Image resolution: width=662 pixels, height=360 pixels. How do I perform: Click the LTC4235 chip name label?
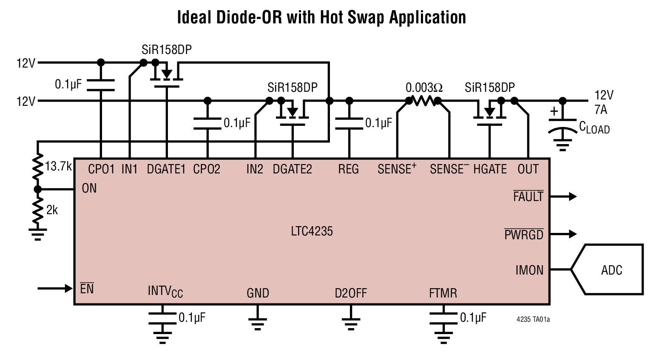tap(312, 231)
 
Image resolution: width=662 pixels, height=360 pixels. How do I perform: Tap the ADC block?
tap(611, 270)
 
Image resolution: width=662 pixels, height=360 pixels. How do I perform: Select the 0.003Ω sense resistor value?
tap(423, 88)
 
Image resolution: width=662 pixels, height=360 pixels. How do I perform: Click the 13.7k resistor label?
tap(58, 166)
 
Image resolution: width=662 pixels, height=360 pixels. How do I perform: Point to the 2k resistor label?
tap(52, 210)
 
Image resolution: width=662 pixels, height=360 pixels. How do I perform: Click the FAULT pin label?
tap(528, 197)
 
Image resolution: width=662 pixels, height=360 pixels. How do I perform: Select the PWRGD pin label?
tap(523, 235)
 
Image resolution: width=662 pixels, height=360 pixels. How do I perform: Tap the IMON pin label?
tap(529, 270)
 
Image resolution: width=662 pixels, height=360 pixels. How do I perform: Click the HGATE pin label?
tap(490, 170)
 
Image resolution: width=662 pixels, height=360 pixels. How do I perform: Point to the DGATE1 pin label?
tap(166, 170)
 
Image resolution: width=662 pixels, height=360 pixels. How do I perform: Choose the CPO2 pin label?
tap(207, 170)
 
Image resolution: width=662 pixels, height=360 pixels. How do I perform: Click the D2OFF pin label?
tap(350, 293)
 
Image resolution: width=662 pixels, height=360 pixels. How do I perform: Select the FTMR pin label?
tap(443, 293)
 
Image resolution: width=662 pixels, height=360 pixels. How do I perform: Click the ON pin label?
tap(89, 189)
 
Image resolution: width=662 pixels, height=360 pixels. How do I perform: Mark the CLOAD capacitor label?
tap(594, 128)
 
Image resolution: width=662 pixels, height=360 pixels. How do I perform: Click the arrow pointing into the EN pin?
tap(55, 289)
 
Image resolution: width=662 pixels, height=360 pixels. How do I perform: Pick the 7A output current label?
tap(600, 110)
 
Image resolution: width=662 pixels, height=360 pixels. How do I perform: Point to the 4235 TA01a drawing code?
tap(533, 319)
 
